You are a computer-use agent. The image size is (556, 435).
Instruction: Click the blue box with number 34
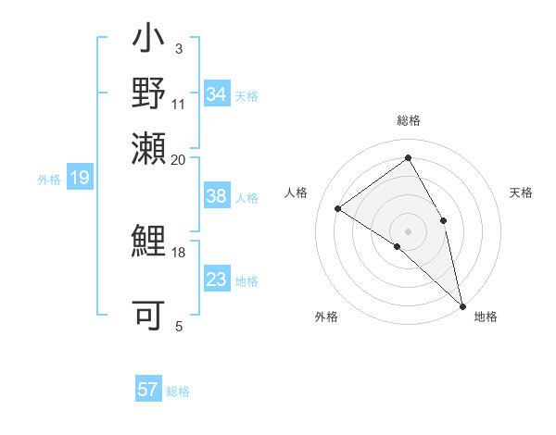click(x=217, y=94)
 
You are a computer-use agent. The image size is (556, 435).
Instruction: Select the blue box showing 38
click(x=217, y=196)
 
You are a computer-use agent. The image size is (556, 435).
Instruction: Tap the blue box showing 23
click(x=217, y=280)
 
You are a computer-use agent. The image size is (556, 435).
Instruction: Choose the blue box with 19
click(x=79, y=178)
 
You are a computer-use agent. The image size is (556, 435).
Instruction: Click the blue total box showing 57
click(x=148, y=390)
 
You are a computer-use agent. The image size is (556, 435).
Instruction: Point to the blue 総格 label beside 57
click(x=179, y=391)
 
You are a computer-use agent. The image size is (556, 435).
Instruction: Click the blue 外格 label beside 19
click(x=49, y=180)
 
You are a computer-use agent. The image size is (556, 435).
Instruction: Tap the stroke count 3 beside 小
click(x=179, y=49)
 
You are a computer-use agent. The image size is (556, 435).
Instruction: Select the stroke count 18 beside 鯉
click(x=179, y=252)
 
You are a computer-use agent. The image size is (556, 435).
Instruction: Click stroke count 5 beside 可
click(x=179, y=326)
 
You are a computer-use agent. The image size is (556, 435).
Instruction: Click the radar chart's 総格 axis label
click(x=408, y=120)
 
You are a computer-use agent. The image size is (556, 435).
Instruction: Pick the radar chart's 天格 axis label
click(x=521, y=193)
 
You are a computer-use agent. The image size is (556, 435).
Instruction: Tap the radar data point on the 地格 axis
click(x=462, y=304)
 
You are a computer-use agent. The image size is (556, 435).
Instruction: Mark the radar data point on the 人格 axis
click(x=337, y=208)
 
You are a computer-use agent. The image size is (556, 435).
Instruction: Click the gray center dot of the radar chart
click(x=408, y=230)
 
